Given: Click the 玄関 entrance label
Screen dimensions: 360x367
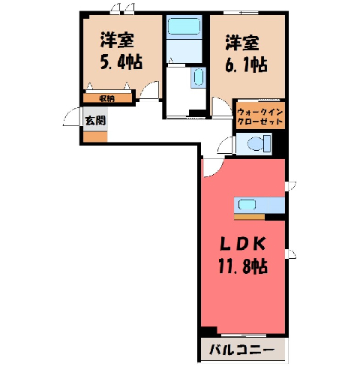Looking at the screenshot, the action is pyautogui.click(x=96, y=121).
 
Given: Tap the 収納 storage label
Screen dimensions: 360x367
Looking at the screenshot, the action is pyautogui.click(x=107, y=99).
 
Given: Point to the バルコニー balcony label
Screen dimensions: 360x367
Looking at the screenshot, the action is pyautogui.click(x=241, y=350).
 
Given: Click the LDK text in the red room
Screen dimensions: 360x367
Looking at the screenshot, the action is pyautogui.click(x=242, y=244).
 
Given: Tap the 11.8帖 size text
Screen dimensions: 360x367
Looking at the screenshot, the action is pyautogui.click(x=243, y=266).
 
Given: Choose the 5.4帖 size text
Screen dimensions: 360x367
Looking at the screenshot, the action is pyautogui.click(x=121, y=62).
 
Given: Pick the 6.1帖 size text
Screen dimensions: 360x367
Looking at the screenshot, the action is pyautogui.click(x=246, y=65).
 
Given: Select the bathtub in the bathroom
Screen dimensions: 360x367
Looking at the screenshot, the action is pyautogui.click(x=184, y=27).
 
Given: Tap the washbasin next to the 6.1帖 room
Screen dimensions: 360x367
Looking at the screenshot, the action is pyautogui.click(x=199, y=77).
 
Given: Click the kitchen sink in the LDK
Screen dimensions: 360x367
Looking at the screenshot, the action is pyautogui.click(x=247, y=205).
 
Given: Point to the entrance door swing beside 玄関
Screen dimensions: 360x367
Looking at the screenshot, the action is pyautogui.click(x=72, y=117).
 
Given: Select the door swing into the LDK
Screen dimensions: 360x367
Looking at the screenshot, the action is pyautogui.click(x=213, y=168).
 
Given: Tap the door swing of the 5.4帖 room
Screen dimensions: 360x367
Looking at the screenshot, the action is pyautogui.click(x=149, y=90).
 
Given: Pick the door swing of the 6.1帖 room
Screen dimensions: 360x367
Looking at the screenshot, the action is pyautogui.click(x=222, y=107).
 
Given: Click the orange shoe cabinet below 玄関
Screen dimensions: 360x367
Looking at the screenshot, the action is pyautogui.click(x=95, y=137).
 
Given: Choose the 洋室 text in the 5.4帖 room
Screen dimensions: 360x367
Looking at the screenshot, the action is pyautogui.click(x=117, y=41).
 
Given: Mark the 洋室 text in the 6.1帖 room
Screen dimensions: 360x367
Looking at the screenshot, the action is pyautogui.click(x=242, y=43).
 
